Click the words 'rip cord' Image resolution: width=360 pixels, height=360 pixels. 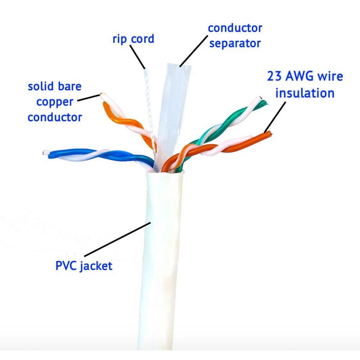pyautogui.click(x=133, y=39)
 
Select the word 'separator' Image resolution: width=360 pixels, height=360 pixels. pyautogui.click(x=235, y=43)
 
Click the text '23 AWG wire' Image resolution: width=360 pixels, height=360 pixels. pyautogui.click(x=305, y=76)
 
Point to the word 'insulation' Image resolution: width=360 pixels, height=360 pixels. pyautogui.click(x=305, y=93)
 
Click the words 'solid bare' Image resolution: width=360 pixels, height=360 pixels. pyautogui.click(x=54, y=87)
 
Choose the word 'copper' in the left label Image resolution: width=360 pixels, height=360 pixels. pyautogui.click(x=54, y=102)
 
